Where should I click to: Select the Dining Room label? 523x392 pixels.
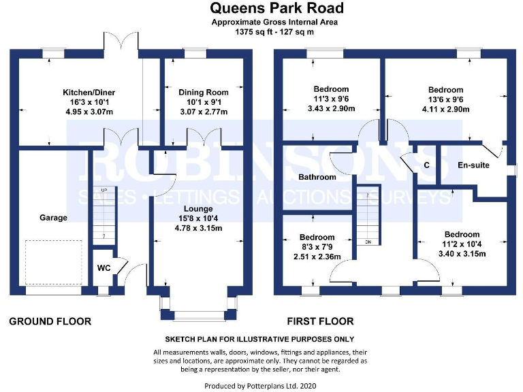pyautogui.click(x=204, y=92)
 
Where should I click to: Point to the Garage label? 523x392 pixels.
pyautogui.click(x=53, y=218)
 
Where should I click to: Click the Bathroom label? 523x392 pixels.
pyautogui.click(x=317, y=177)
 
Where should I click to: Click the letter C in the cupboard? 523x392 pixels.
pyautogui.click(x=426, y=165)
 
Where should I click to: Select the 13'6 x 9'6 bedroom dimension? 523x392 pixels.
pyautogui.click(x=445, y=99)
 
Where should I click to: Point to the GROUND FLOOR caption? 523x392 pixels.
pyautogui.click(x=50, y=321)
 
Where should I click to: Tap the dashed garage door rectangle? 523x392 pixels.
pyautogui.click(x=53, y=262)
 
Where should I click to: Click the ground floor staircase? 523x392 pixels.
pyautogui.click(x=104, y=213)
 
